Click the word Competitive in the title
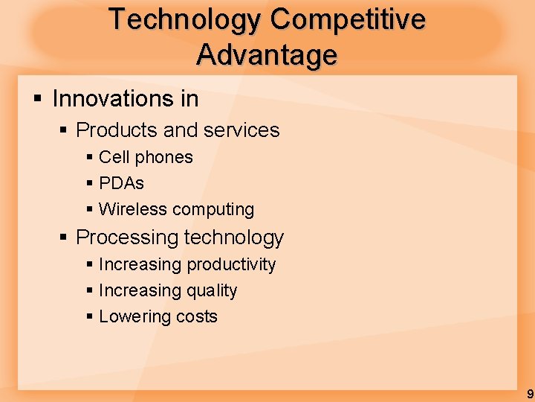point(348,19)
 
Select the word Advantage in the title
point(267,55)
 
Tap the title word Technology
point(185,19)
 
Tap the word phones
point(164,157)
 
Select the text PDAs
point(121,183)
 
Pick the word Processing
point(127,237)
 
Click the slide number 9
point(529,394)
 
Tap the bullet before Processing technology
point(64,237)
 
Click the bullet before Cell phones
point(89,157)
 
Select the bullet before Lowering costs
point(89,316)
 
